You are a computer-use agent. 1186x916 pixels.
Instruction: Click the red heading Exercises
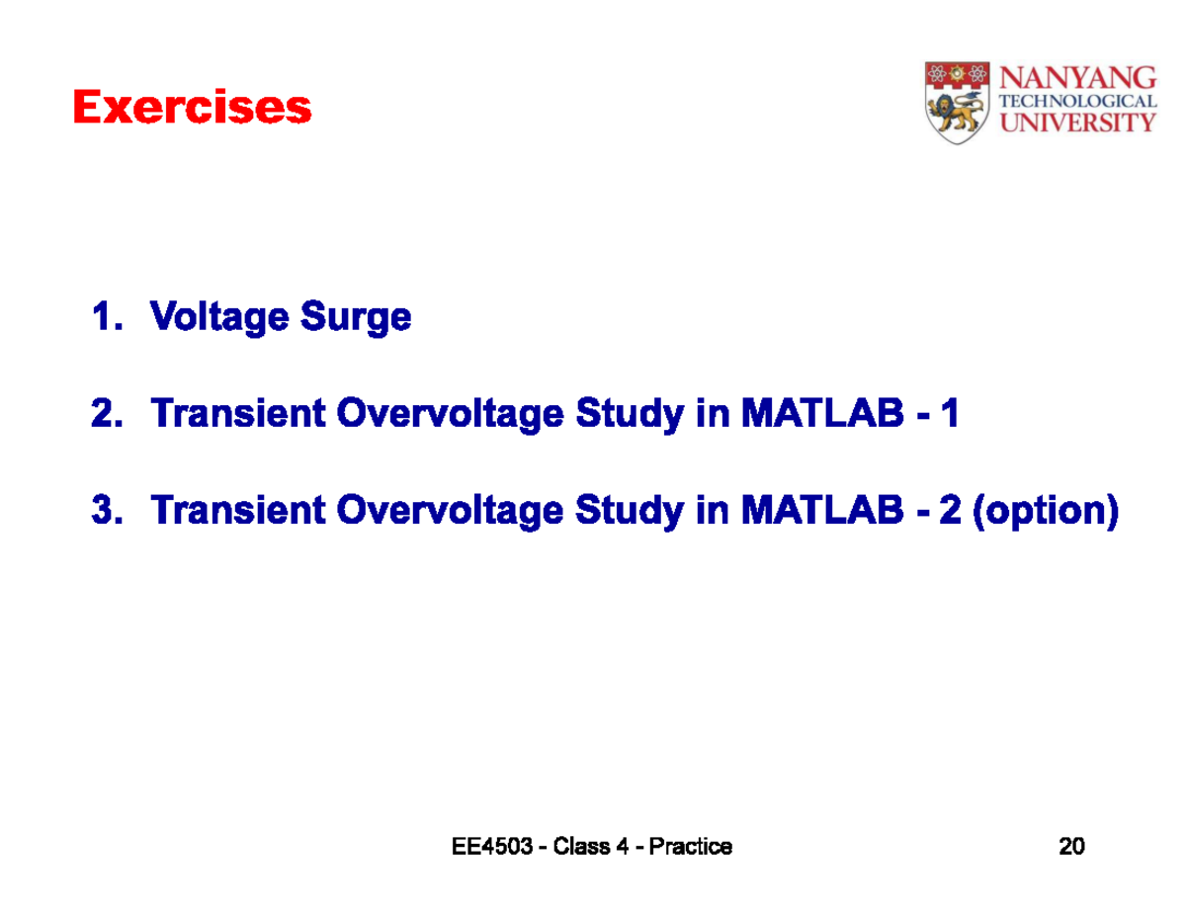pyautogui.click(x=193, y=108)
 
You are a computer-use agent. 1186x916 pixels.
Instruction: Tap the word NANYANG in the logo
pyautogui.click(x=1078, y=78)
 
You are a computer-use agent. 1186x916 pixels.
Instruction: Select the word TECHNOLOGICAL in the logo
pyautogui.click(x=1078, y=101)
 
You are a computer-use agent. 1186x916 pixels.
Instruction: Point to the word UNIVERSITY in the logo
pyautogui.click(x=1078, y=123)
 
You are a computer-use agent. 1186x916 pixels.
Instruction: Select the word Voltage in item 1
pyautogui.click(x=219, y=318)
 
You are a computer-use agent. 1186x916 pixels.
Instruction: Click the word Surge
pyautogui.click(x=356, y=318)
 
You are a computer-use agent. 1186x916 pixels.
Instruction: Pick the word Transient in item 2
pyautogui.click(x=237, y=414)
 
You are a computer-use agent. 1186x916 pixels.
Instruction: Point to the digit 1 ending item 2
pyautogui.click(x=950, y=414)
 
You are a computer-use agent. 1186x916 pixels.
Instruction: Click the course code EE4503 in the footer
pyautogui.click(x=490, y=847)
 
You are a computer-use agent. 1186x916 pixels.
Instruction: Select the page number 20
pyautogui.click(x=1071, y=847)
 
